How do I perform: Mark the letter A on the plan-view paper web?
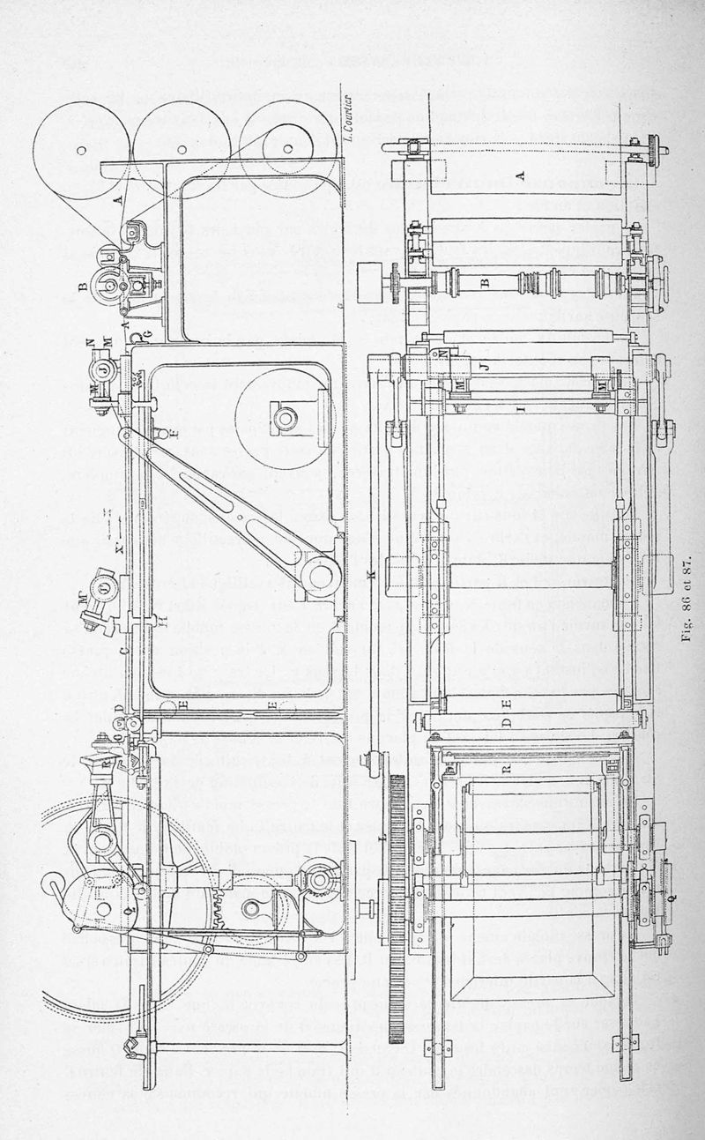point(520,175)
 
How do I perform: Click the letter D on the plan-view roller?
point(506,720)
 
